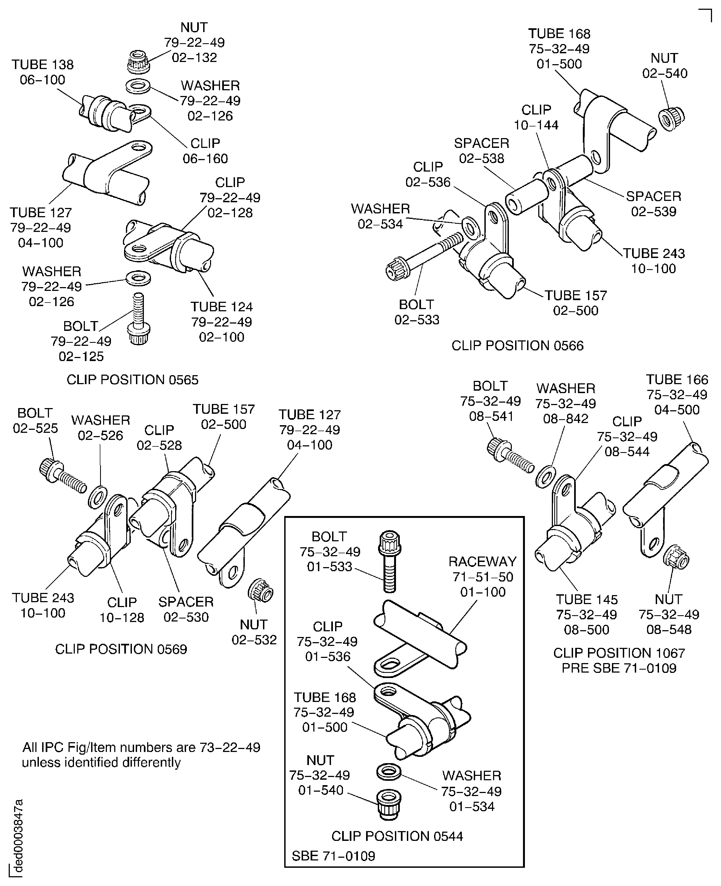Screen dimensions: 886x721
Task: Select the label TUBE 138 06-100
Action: coord(42,72)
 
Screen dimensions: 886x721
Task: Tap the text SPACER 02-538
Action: coord(481,150)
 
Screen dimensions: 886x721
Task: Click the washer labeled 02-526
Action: coord(98,496)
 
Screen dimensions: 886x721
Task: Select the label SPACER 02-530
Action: coord(186,609)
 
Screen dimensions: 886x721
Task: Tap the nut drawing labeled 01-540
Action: coord(389,804)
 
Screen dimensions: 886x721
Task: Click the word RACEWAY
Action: coord(482,561)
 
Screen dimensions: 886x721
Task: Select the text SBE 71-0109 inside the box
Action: coord(333,856)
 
